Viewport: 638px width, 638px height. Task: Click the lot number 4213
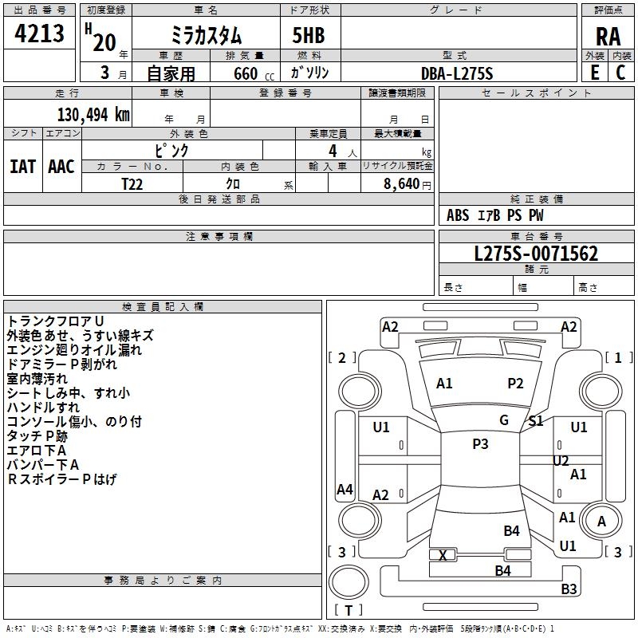[x=40, y=33]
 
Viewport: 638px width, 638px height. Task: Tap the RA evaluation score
[x=608, y=37]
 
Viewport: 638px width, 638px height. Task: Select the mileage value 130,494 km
[x=93, y=115]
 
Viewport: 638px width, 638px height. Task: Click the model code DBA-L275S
[x=457, y=73]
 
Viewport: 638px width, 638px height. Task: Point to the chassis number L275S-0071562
[x=536, y=254]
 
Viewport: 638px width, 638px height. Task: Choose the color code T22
[x=133, y=183]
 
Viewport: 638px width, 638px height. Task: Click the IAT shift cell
[x=22, y=167]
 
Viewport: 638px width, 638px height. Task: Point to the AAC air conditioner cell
[x=61, y=167]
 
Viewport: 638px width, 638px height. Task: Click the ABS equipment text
[x=458, y=215]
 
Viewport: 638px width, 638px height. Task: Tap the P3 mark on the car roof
[x=480, y=444]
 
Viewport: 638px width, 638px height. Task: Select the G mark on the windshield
[x=504, y=420]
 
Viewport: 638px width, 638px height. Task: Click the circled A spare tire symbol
[x=602, y=522]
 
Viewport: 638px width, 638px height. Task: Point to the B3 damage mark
[x=569, y=589]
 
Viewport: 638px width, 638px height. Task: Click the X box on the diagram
[x=443, y=555]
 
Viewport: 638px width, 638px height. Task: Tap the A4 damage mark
[x=345, y=490]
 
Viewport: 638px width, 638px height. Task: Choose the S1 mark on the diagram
[x=536, y=421]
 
